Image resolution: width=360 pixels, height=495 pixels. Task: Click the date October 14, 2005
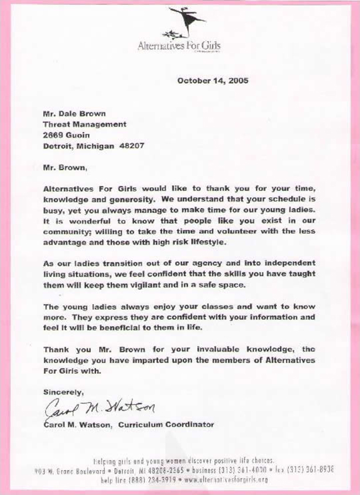tap(212, 80)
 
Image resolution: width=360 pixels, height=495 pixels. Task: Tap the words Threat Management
tap(84, 124)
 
